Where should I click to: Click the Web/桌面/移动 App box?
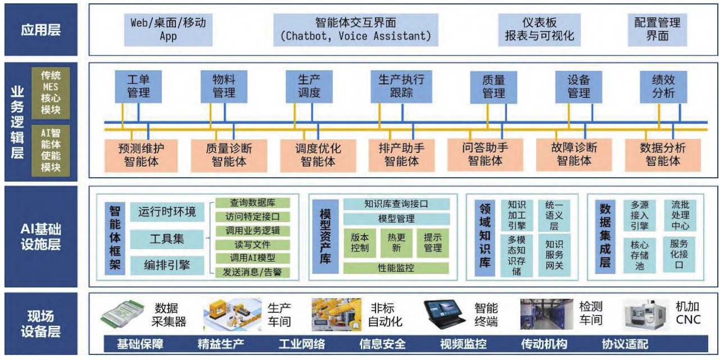(x=168, y=30)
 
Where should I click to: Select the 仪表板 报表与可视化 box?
(x=539, y=30)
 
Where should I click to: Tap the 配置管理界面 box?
(x=657, y=30)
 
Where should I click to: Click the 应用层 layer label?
(x=40, y=30)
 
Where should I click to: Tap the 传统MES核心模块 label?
(x=51, y=93)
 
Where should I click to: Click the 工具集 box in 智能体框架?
(x=167, y=239)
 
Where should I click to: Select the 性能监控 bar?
(x=396, y=268)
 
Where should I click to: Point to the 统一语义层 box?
(x=554, y=215)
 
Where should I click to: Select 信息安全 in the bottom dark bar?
(x=382, y=344)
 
